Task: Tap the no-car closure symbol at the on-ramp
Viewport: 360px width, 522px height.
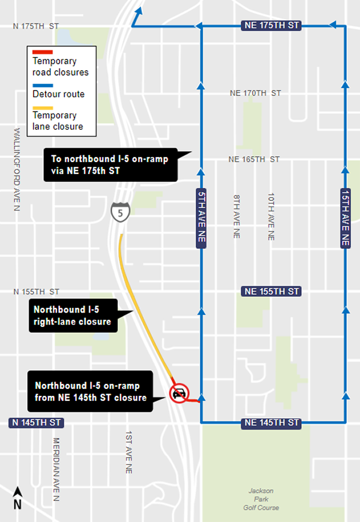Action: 179,394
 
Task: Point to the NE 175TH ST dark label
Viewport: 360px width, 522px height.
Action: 270,26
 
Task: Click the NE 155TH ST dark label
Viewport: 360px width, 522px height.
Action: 270,291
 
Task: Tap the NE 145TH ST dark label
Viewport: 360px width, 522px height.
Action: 270,423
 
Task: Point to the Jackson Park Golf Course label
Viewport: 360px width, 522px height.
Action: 265,499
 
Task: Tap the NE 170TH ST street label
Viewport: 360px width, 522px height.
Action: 255,93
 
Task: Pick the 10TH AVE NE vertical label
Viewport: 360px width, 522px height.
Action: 271,217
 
